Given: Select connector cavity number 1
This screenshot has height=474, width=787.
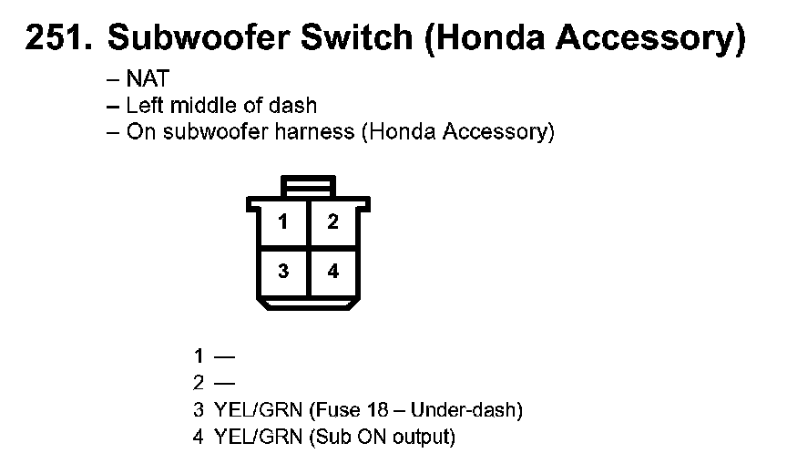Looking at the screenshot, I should pos(284,222).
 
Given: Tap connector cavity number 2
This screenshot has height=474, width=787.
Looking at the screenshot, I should pos(333,222).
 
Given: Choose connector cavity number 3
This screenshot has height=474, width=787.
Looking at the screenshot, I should pos(284,272).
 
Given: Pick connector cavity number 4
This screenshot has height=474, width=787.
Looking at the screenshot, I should pos(333,272).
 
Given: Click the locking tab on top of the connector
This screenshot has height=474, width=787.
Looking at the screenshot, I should pos(309,186).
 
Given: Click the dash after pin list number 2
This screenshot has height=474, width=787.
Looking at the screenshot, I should pos(224,384).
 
